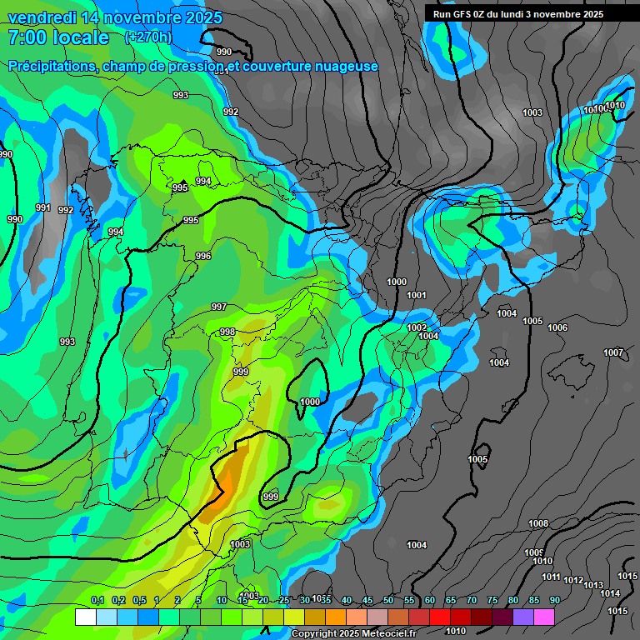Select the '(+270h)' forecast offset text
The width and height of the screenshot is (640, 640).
[x=147, y=37]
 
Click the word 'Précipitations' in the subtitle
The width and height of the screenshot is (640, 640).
[x=51, y=66]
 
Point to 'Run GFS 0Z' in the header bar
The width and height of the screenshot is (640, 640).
[x=462, y=13]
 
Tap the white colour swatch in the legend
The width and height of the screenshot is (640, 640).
[x=85, y=617]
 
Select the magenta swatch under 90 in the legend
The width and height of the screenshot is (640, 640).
[x=544, y=617]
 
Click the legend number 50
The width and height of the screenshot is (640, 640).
[x=388, y=601]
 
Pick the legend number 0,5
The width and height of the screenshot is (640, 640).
[x=138, y=601]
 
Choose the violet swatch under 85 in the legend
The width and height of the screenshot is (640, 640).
[x=523, y=617]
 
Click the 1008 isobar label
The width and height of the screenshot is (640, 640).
[x=538, y=523]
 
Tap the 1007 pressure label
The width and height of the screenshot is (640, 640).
[x=613, y=352]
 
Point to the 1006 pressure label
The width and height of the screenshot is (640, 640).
[x=557, y=327]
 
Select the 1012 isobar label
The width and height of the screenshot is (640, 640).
[x=573, y=580]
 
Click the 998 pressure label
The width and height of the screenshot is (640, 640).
[x=227, y=332]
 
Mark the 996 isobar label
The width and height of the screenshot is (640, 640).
[x=203, y=256]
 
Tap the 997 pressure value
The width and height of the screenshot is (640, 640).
[x=218, y=307]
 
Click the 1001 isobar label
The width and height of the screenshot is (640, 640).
[x=417, y=295]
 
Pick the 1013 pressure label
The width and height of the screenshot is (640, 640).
[x=592, y=585]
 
